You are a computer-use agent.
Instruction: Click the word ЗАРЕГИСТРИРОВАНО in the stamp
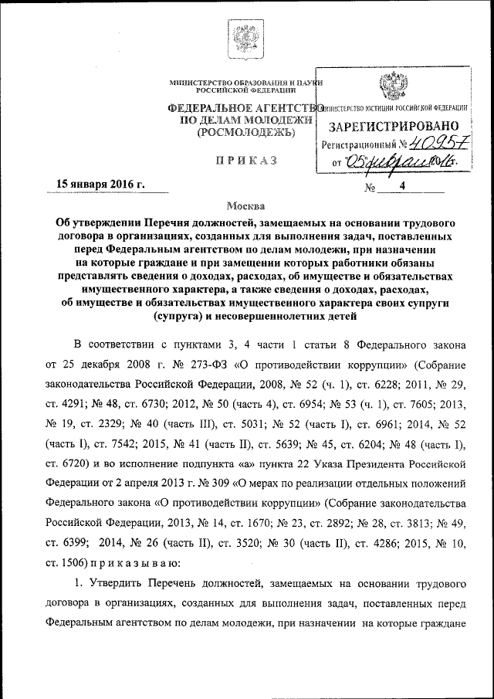(396, 126)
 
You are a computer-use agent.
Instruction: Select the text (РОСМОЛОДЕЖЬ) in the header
(246, 133)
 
